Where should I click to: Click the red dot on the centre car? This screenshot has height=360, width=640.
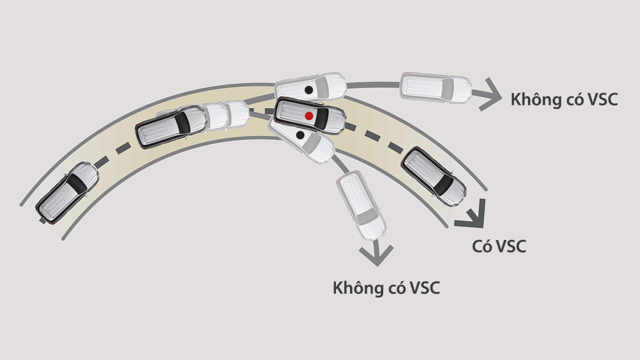click(309, 115)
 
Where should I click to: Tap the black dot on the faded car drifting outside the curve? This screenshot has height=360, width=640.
click(309, 90)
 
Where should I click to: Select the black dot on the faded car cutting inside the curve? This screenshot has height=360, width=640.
click(300, 135)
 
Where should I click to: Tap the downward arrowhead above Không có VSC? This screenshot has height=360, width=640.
click(376, 255)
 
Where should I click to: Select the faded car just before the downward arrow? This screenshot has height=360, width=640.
click(360, 205)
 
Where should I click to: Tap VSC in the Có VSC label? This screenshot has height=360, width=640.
click(510, 246)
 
